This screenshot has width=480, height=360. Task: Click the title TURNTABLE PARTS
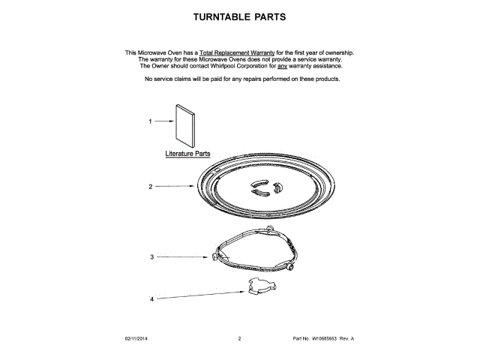click(239, 16)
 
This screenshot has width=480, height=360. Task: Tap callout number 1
click(149, 121)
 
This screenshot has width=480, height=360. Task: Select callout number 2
click(150, 186)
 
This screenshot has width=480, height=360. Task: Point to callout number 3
click(151, 256)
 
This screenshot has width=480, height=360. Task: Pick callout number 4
click(151, 298)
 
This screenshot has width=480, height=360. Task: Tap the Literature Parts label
click(187, 153)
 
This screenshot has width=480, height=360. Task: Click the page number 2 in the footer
click(239, 339)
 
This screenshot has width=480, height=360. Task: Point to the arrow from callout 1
click(163, 121)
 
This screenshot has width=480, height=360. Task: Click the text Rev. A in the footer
click(346, 339)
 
